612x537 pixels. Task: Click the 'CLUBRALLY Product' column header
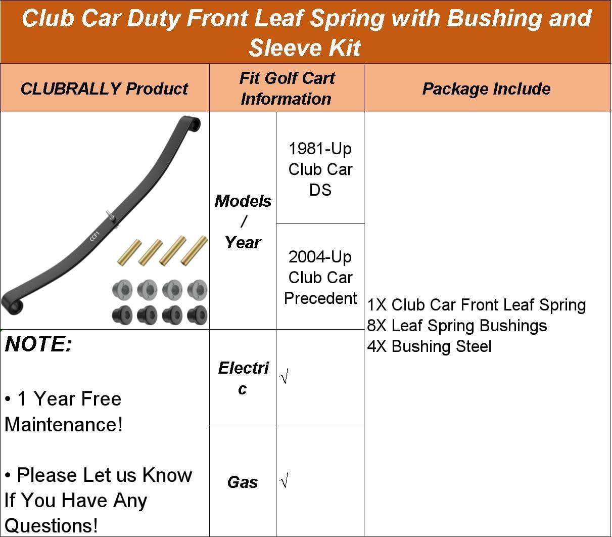tap(104, 88)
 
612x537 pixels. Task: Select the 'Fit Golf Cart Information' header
tap(287, 88)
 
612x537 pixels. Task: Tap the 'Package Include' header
tap(486, 89)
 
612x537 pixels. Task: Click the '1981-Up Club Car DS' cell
tap(320, 169)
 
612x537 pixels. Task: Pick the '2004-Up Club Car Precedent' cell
tap(320, 277)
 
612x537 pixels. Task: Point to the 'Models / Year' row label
tap(243, 221)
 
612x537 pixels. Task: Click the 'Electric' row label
tap(243, 378)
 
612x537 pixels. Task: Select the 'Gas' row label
tap(243, 482)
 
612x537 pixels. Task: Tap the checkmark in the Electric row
tap(285, 377)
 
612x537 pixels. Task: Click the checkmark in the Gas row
tap(285, 481)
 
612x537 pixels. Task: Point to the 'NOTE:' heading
tap(38, 344)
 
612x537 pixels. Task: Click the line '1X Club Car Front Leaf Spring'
tap(476, 305)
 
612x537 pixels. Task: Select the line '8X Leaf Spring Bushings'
tap(457, 326)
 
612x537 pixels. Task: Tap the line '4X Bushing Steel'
tap(429, 346)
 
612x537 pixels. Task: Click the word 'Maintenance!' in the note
tap(64, 424)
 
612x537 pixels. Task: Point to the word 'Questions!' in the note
tap(51, 525)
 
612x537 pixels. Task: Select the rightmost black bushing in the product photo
tap(197, 315)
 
